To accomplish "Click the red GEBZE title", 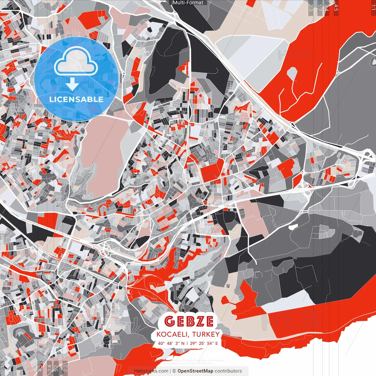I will (x=189, y=321).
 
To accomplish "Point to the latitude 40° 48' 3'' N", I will (x=171, y=343).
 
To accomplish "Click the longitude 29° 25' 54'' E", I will (x=204, y=343).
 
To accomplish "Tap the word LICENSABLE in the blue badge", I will (x=76, y=99).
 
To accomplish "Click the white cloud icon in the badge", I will (x=76, y=62).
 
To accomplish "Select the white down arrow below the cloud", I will (x=72, y=85).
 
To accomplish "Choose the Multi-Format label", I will (x=188, y=3).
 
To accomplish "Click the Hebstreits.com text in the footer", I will (x=151, y=371).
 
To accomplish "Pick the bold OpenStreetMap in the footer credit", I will (x=195, y=371).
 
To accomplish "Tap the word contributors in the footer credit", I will (x=228, y=371).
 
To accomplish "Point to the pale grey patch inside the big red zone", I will (x=292, y=73).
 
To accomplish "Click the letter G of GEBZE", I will (x=169, y=321).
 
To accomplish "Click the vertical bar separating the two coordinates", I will (x=187, y=343).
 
